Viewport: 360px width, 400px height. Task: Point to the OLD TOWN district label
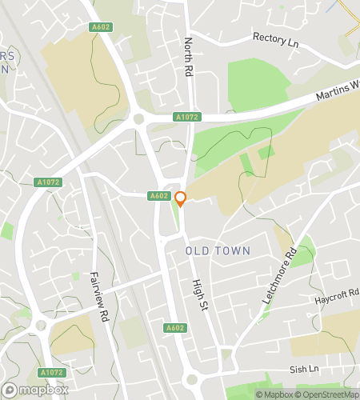pyautogui.click(x=218, y=251)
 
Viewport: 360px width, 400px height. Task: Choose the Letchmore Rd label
pyautogui.click(x=278, y=274)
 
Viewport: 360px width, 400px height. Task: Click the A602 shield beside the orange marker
pyautogui.click(x=158, y=196)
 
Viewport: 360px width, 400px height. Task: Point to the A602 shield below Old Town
pyautogui.click(x=175, y=328)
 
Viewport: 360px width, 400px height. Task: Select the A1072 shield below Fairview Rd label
pyautogui.click(x=51, y=373)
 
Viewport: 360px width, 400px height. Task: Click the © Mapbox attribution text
pyautogui.click(x=272, y=394)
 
